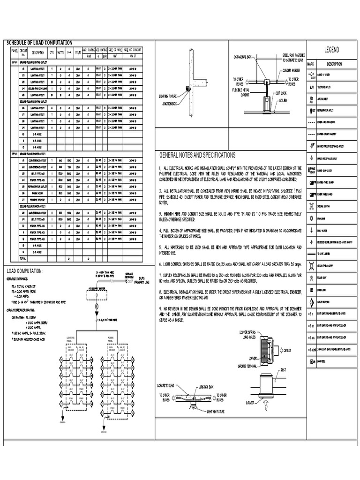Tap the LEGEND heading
pos(331,50)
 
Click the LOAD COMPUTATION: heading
pos(24,271)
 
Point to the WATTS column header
pos(60,52)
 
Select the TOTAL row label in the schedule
pos(22,258)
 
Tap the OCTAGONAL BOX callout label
pos(243,57)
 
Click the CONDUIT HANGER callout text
pos(291,70)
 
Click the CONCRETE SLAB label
pos(165,385)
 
